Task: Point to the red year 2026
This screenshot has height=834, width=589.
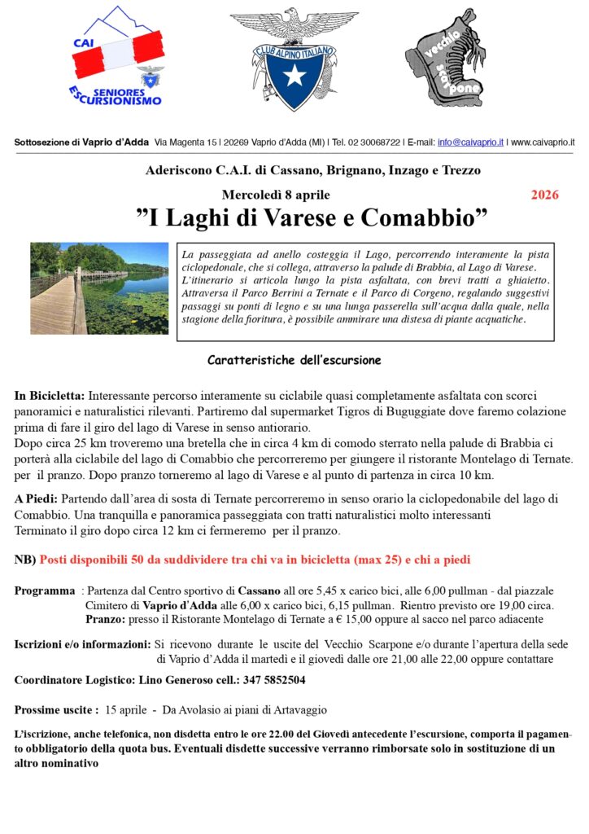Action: pyautogui.click(x=544, y=195)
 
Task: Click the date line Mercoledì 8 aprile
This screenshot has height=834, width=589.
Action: pyautogui.click(x=276, y=195)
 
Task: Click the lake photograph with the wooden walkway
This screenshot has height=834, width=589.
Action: pyautogui.click(x=99, y=288)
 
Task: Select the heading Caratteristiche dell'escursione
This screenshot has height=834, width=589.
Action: pyautogui.click(x=294, y=360)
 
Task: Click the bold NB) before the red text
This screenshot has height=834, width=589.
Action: pyautogui.click(x=25, y=560)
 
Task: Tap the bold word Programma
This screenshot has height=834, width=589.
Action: pyautogui.click(x=45, y=590)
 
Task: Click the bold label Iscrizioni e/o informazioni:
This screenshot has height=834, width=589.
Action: pyautogui.click(x=81, y=644)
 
